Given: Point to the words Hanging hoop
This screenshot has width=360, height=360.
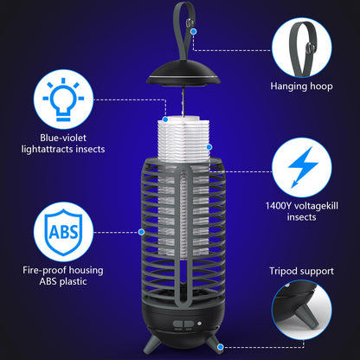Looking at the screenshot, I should (301, 87).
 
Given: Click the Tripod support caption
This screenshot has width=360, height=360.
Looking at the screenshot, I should (301, 271).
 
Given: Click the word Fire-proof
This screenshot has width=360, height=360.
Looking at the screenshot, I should (42, 270).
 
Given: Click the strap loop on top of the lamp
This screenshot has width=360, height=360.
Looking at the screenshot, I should (182, 22).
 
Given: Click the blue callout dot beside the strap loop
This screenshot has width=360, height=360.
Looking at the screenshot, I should (194, 30).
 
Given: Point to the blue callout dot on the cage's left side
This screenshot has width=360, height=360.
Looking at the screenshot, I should (142, 231).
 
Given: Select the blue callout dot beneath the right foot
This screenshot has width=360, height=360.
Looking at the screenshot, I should (222, 347).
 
